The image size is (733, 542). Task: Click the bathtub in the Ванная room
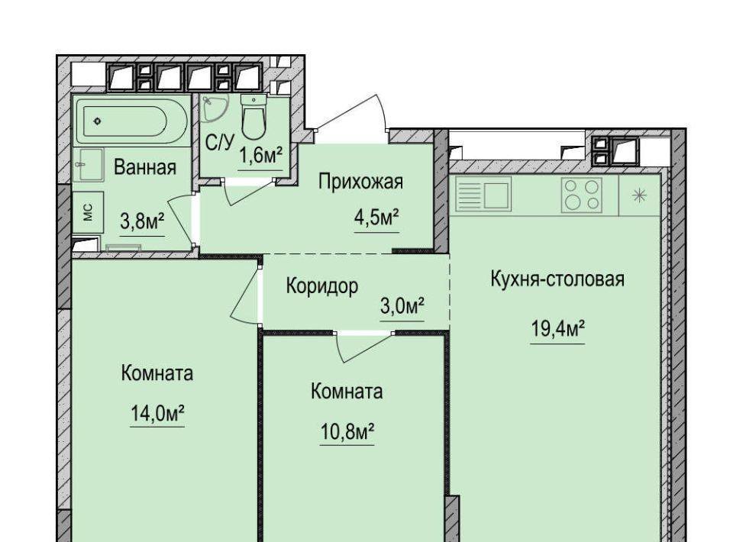point(131,121)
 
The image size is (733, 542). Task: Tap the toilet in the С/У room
point(253,117)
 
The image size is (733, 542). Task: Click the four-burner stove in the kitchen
point(582,195)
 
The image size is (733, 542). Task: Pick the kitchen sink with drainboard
point(483,195)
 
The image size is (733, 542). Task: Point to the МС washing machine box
point(88,212)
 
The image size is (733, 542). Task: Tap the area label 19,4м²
point(557,328)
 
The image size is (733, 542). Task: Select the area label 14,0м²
point(157,413)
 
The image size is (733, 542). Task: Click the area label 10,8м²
point(347,431)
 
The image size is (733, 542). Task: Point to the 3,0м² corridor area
point(402,307)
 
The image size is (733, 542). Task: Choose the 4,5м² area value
point(376,218)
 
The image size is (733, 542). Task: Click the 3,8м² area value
point(142,221)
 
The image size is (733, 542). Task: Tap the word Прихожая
point(360,182)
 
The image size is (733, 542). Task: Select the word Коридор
point(322,286)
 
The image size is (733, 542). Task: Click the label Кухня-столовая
point(557,279)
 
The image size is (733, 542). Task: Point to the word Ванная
point(145,167)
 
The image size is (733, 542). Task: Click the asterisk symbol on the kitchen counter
point(639,195)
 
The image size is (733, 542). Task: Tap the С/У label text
point(219,142)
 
